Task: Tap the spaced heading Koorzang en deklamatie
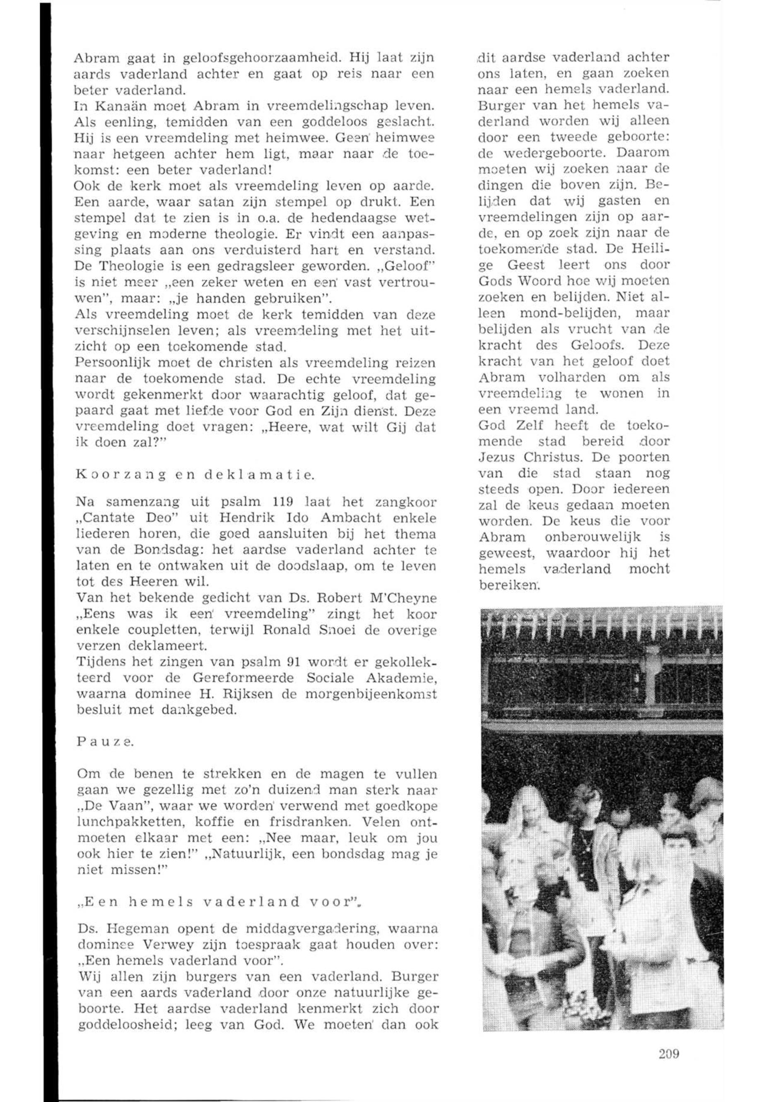pyautogui.click(x=195, y=475)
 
